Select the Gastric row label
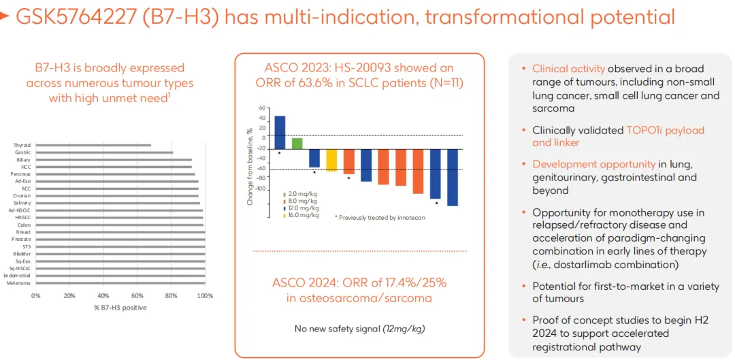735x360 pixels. tap(24, 152)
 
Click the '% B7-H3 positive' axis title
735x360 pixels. tap(120, 308)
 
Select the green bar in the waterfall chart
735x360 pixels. tap(297, 143)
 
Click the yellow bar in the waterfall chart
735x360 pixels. tap(331, 160)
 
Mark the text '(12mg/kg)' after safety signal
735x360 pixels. tap(404, 329)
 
